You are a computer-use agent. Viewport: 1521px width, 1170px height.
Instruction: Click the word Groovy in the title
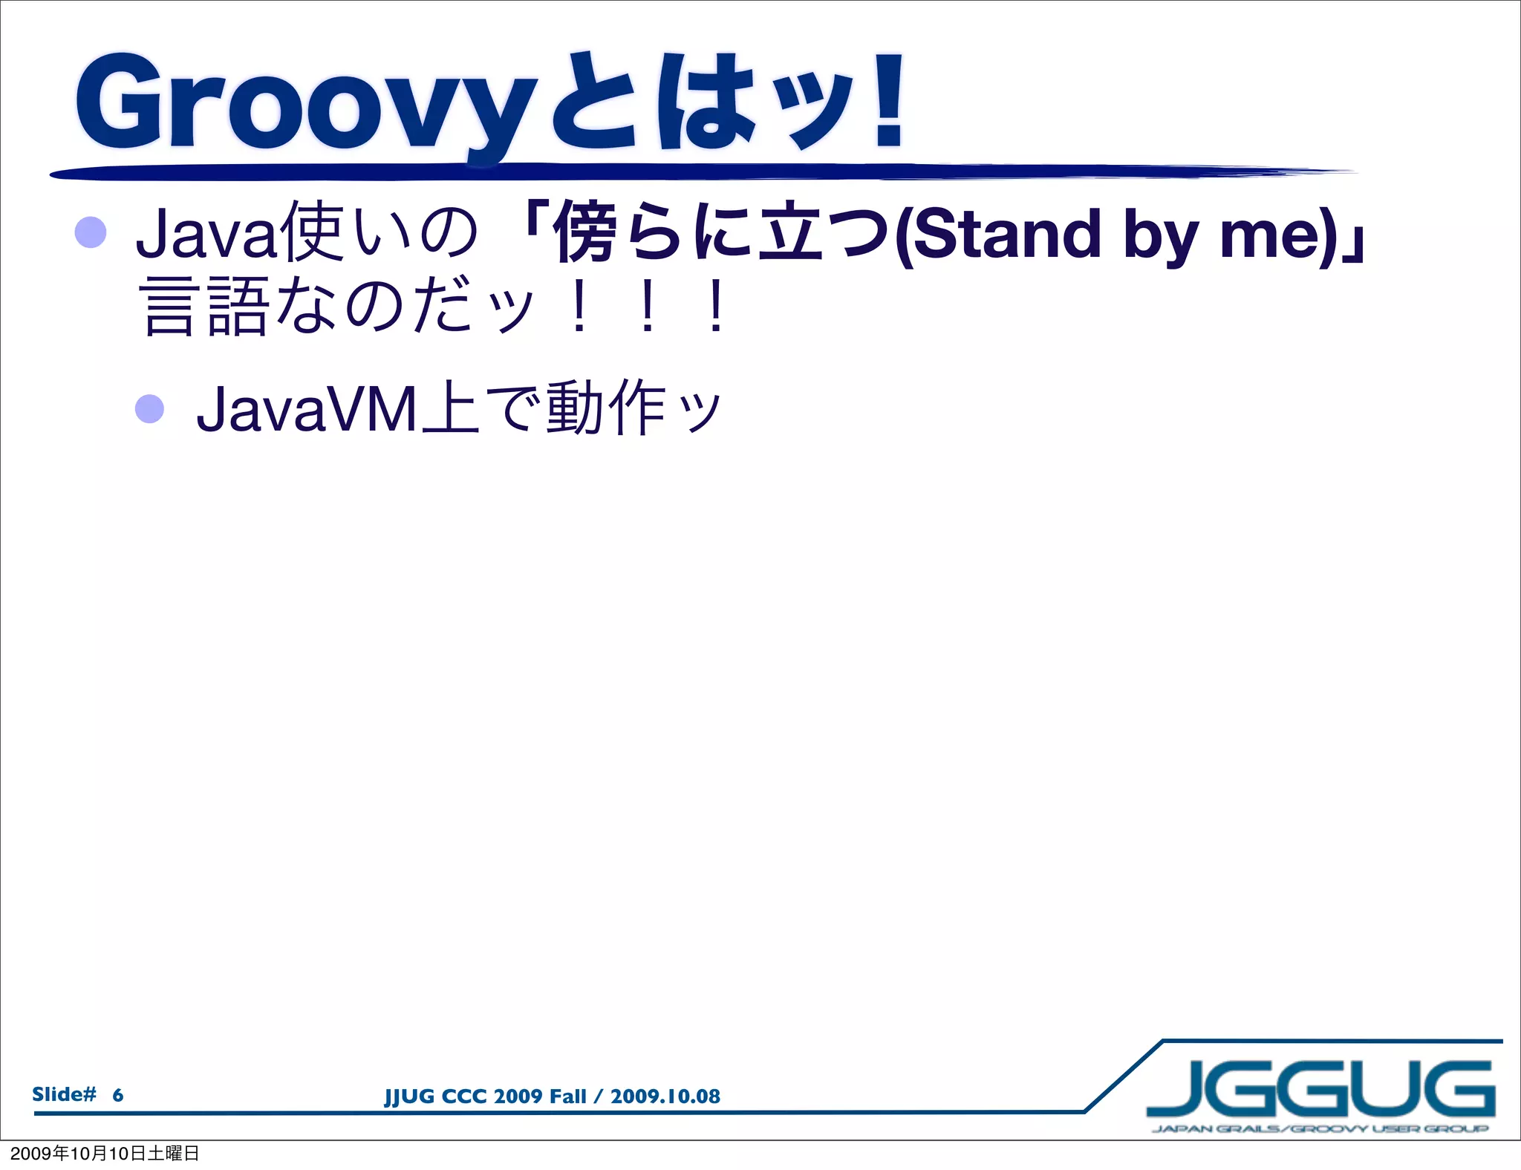click(304, 104)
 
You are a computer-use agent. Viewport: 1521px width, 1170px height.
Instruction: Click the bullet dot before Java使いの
click(91, 232)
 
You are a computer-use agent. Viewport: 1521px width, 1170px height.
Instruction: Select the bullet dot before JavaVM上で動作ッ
click(149, 408)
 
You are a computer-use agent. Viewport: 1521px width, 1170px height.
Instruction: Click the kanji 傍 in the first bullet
click(587, 233)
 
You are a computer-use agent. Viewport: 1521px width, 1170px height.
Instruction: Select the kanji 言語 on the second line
click(204, 306)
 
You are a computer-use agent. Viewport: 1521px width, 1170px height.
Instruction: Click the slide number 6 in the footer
click(117, 1095)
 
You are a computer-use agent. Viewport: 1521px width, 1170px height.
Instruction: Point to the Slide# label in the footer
click(64, 1094)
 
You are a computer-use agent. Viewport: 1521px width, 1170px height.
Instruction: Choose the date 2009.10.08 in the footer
click(665, 1097)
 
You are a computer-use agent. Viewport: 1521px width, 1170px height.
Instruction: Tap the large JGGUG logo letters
click(1320, 1089)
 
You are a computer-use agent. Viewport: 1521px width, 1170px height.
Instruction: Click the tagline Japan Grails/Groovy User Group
click(1320, 1129)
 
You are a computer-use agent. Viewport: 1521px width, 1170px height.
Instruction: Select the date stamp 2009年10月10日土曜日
click(105, 1153)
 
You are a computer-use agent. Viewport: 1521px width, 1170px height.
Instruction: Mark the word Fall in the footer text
click(567, 1097)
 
